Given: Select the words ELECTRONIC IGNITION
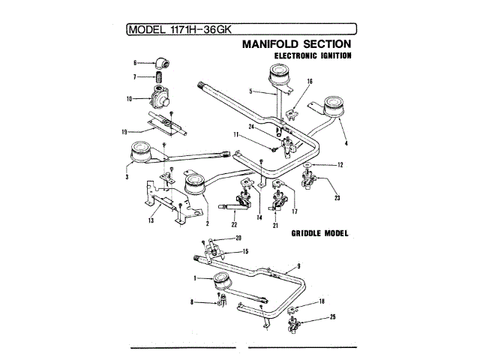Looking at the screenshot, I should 313,56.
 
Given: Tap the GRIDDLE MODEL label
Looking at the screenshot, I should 319,233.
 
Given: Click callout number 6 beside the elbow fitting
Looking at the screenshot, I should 135,63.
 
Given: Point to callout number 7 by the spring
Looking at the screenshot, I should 135,76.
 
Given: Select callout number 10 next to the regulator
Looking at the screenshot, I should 130,98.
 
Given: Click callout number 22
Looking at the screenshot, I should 234,223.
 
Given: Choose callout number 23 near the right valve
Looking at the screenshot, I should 337,198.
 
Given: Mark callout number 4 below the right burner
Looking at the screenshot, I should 346,142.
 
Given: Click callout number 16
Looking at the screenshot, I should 309,81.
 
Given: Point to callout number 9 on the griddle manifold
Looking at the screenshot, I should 298,265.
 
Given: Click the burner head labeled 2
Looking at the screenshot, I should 195,183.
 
